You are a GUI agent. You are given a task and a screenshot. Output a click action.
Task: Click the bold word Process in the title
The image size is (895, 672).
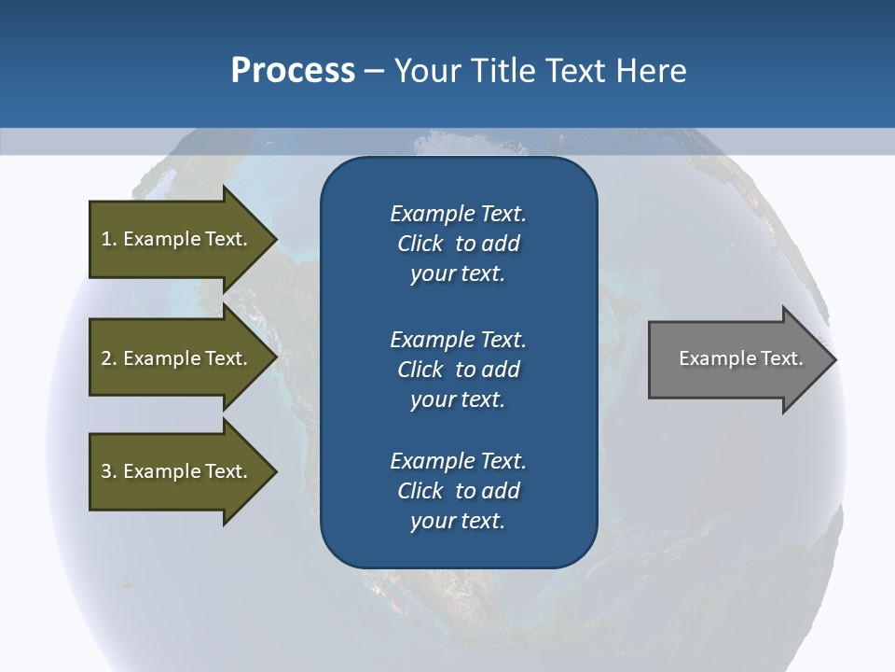point(293,71)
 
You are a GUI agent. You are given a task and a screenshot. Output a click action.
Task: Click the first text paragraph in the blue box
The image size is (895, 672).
point(458,244)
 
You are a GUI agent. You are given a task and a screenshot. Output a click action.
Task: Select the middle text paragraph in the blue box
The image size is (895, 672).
point(458,369)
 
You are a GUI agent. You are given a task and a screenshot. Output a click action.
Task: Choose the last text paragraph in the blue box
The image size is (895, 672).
point(458,491)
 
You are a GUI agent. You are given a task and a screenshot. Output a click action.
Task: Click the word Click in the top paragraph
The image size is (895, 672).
point(420,244)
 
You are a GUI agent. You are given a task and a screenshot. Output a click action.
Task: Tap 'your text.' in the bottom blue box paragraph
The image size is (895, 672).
point(458,522)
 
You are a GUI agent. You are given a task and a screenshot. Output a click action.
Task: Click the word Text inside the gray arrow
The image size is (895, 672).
point(781,358)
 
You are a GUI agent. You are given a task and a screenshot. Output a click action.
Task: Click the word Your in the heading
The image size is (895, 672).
point(425,71)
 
